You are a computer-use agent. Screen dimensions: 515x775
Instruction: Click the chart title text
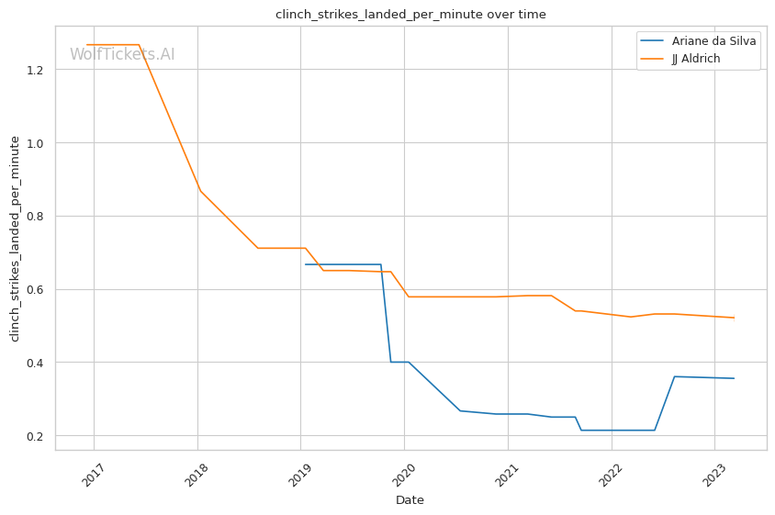(x=410, y=14)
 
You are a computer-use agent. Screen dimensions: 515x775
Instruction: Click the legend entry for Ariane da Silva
(x=713, y=42)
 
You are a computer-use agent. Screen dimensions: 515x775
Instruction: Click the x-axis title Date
(x=410, y=500)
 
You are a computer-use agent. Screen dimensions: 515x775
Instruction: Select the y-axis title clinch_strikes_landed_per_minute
(x=15, y=238)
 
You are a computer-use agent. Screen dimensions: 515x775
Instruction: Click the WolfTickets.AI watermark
(x=122, y=54)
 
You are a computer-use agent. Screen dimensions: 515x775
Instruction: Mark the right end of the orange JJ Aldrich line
(x=734, y=318)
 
